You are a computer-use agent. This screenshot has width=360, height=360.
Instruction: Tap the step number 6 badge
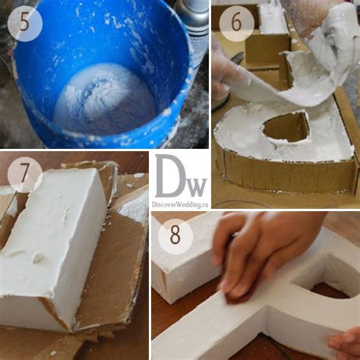[236, 23]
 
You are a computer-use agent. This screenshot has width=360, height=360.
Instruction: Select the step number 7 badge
[25, 175]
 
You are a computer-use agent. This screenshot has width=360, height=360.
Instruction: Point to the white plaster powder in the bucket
[104, 99]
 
